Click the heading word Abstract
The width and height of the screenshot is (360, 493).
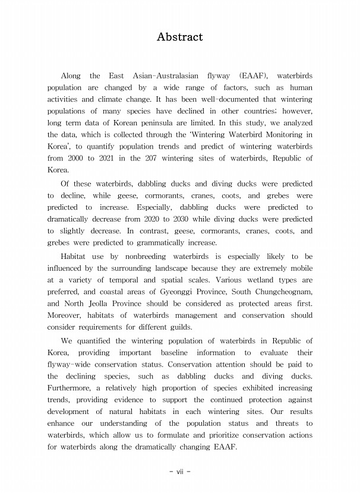[179, 37]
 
